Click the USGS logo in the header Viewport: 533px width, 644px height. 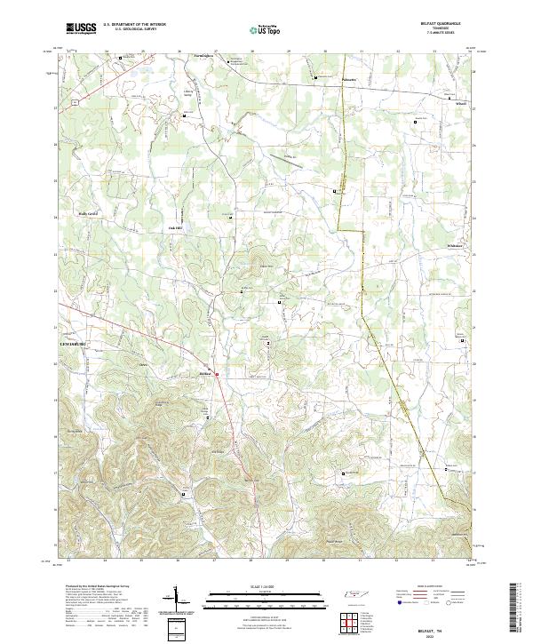81,28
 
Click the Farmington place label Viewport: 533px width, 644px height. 203,56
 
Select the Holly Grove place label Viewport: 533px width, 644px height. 87,214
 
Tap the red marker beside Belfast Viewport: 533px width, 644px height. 217,374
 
